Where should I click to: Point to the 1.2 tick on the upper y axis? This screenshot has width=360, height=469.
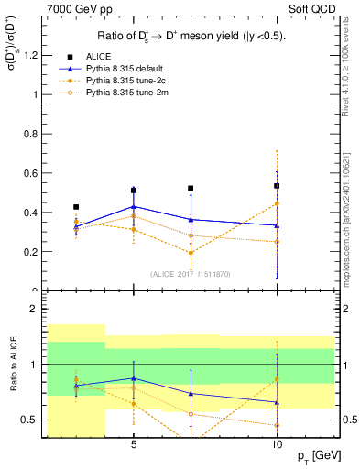tap(36, 55)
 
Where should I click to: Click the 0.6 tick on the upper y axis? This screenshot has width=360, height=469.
tap(36, 173)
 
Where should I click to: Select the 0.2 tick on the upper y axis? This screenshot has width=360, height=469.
tap(36, 252)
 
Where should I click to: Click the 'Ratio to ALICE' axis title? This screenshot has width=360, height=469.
tap(13, 365)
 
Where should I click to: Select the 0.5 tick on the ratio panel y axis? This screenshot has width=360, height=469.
tap(36, 420)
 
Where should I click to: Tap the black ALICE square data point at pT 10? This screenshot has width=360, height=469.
tap(277, 186)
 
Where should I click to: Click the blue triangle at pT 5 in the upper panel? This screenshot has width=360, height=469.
tap(134, 207)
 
